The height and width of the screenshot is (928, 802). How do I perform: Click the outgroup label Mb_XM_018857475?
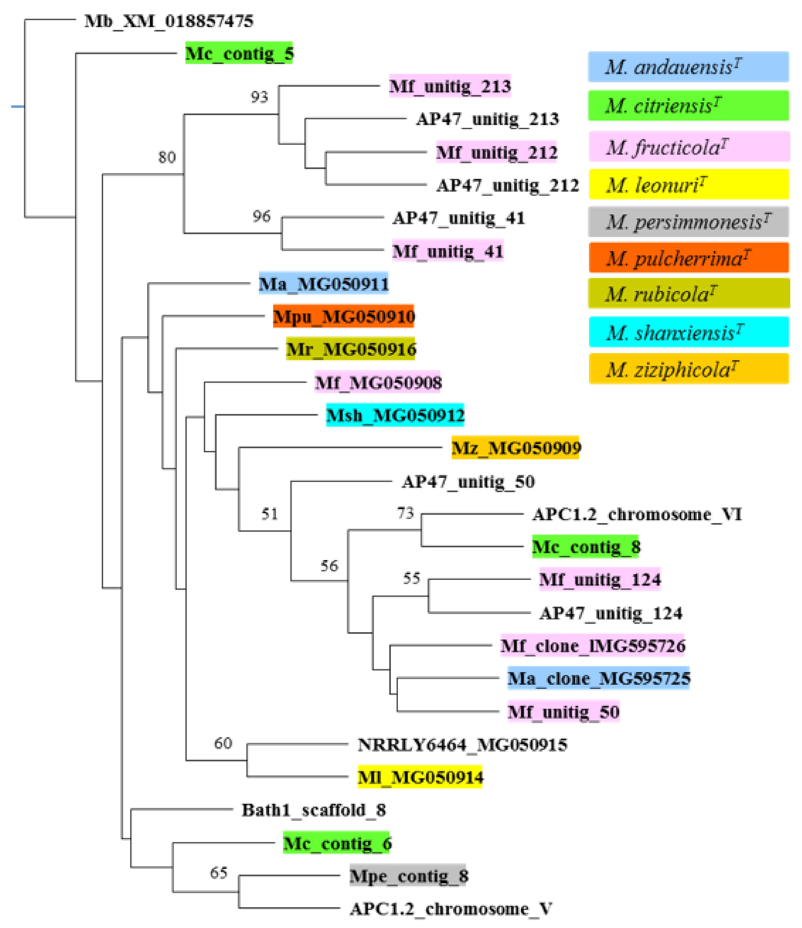point(169,21)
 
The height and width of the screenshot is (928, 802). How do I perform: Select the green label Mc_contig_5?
point(239,54)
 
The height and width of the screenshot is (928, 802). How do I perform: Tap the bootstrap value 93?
point(259,97)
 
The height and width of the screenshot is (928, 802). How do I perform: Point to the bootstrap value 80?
point(167,157)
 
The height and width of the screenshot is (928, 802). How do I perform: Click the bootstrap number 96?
point(261,216)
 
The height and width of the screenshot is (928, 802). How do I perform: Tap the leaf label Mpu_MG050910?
point(343,317)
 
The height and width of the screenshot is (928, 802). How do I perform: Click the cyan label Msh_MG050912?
point(395,415)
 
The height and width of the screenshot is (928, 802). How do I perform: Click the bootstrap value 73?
point(405,513)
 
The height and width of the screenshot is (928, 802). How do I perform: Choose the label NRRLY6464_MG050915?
point(462,745)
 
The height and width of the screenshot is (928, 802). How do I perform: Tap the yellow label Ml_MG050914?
point(420,777)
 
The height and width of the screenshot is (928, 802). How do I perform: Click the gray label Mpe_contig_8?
point(408,876)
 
